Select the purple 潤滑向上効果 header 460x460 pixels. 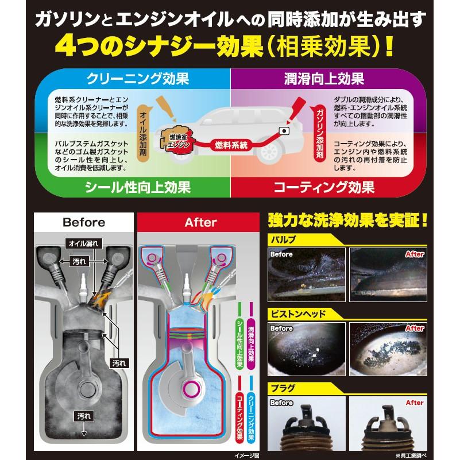(324, 78)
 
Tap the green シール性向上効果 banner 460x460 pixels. (137, 186)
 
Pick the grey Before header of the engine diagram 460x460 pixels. (84, 222)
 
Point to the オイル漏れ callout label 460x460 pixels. (83, 243)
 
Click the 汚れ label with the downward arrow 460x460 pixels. (84, 416)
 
